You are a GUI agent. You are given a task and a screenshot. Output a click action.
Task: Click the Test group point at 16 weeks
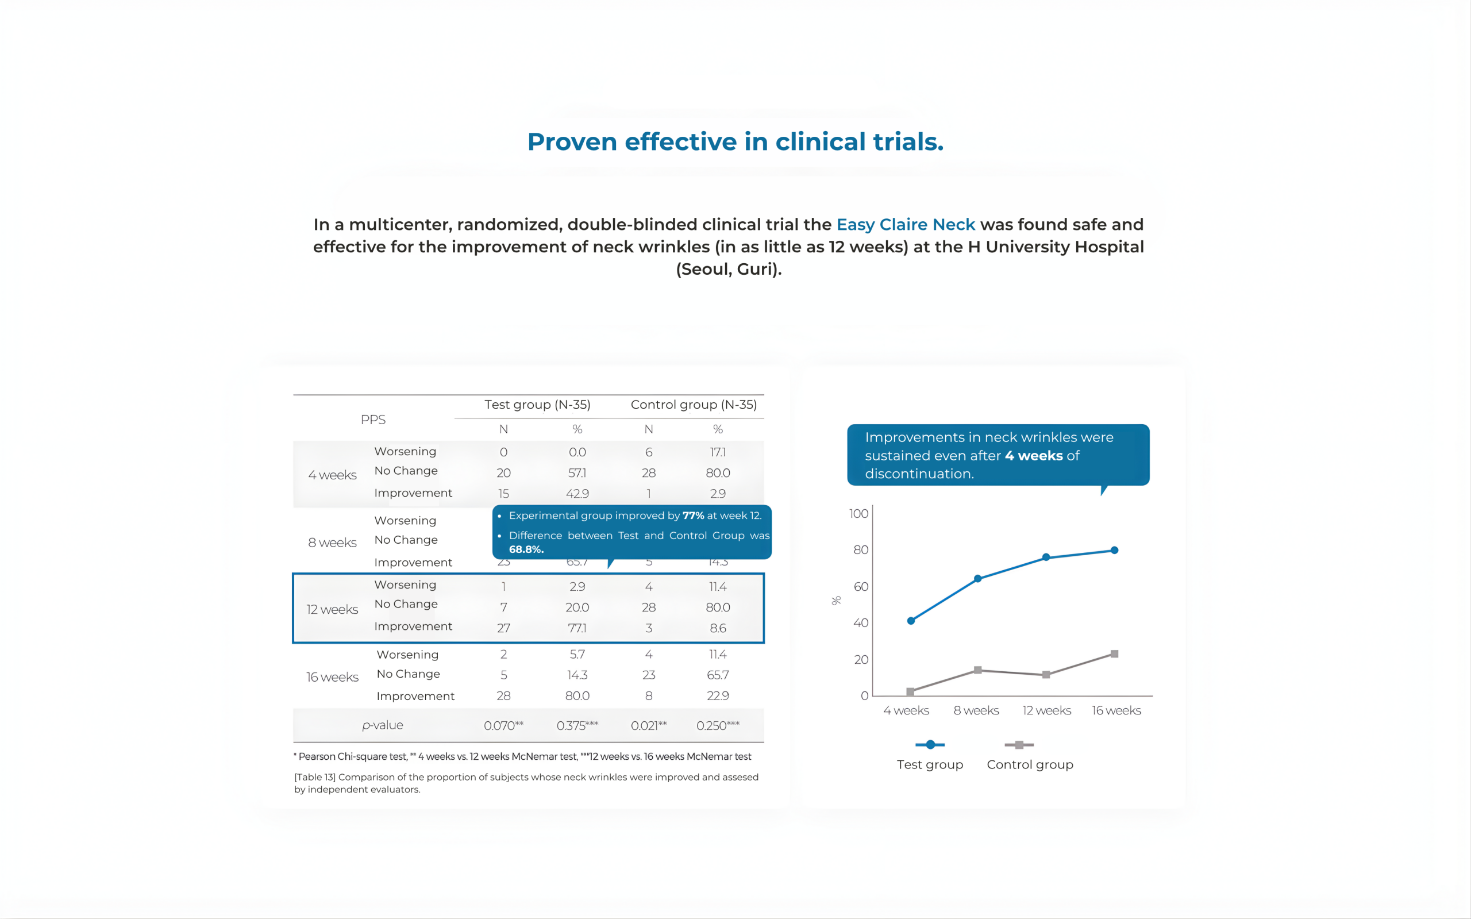tap(1114, 550)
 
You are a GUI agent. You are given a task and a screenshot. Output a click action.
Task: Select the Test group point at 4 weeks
tap(910, 621)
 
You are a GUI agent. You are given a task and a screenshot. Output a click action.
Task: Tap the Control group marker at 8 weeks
tap(977, 670)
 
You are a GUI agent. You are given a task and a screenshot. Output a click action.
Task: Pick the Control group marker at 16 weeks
tap(1114, 654)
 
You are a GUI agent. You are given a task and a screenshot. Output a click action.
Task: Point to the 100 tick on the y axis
tap(858, 514)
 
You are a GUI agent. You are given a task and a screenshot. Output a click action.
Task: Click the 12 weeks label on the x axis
tap(1046, 710)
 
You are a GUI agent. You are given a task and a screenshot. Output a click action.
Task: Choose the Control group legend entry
tap(1029, 764)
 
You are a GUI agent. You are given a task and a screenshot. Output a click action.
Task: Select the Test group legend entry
tap(930, 764)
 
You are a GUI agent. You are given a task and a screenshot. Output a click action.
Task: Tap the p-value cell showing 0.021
tap(648, 725)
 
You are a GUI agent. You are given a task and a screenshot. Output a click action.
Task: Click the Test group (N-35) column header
tap(537, 405)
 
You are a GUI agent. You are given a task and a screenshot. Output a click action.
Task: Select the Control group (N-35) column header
tap(694, 405)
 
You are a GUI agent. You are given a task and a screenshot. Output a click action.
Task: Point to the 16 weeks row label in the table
tap(332, 677)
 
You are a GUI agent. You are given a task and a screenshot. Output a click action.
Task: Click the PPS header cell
tap(373, 420)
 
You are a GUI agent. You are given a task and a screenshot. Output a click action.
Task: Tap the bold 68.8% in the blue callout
tap(526, 549)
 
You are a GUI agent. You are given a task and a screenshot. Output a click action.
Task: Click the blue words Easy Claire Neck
tap(906, 224)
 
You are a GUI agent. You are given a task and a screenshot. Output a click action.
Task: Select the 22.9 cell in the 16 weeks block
tap(718, 695)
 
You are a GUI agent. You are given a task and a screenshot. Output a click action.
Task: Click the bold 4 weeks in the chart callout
tap(1033, 455)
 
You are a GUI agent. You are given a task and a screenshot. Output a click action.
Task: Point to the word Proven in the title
tap(572, 141)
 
